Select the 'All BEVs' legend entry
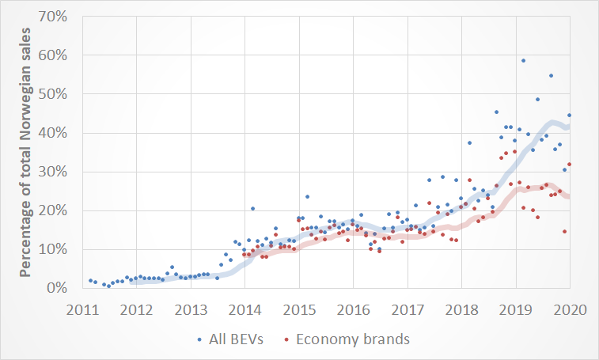coord(230,339)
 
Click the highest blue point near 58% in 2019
coord(523,61)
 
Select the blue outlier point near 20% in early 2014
coord(252,209)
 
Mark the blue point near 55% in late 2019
coord(551,76)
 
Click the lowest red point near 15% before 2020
coord(564,232)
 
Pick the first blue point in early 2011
coord(91,281)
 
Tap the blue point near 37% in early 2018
coord(469,143)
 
